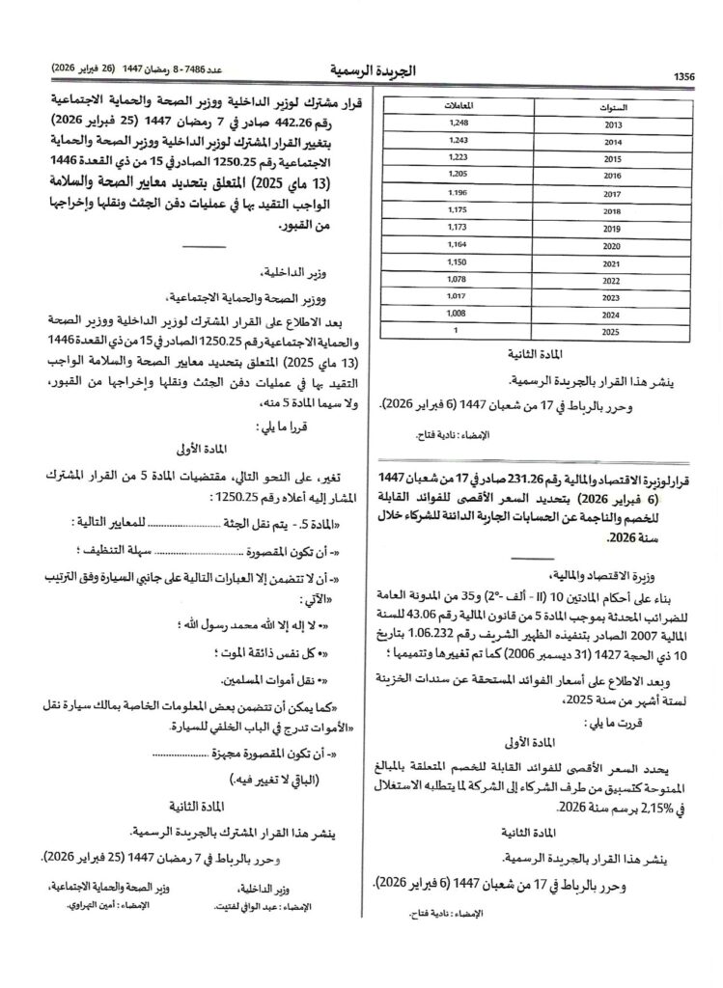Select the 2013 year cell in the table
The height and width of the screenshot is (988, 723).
tap(611, 125)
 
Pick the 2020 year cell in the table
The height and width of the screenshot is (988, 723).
tap(611, 245)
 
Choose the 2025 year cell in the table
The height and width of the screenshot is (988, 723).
tap(611, 332)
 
